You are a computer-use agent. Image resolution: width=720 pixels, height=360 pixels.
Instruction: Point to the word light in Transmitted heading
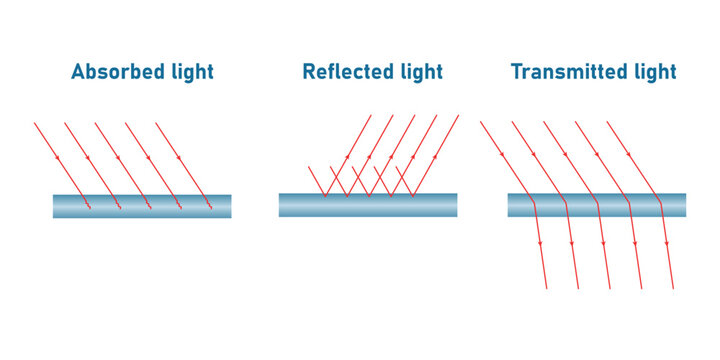click(651, 72)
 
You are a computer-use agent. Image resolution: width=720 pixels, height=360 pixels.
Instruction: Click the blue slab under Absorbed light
click(142, 206)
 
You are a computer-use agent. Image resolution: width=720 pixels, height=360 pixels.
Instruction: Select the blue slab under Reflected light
click(368, 205)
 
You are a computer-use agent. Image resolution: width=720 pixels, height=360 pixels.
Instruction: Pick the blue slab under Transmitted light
click(597, 205)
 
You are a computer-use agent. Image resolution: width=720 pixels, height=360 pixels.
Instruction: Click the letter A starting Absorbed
click(78, 72)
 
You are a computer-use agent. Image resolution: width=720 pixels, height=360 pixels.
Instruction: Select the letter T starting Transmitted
click(517, 72)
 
